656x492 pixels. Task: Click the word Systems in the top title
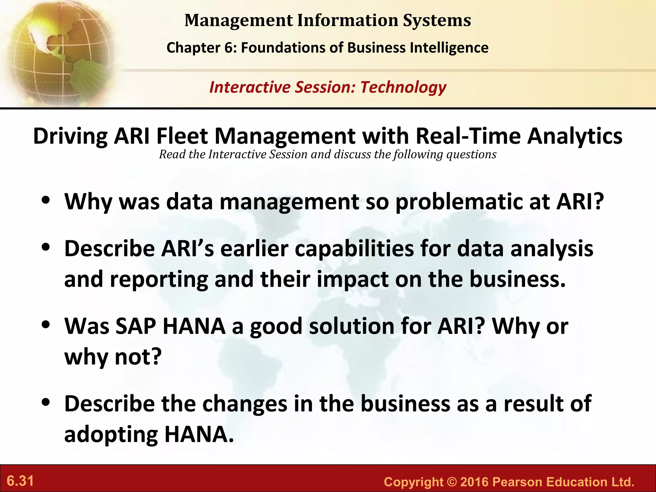pos(437,20)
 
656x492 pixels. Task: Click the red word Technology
pos(403,87)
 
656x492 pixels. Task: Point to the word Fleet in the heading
pos(182,136)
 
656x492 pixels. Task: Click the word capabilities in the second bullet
pos(354,249)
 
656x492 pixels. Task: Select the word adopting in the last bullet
pos(111,435)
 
